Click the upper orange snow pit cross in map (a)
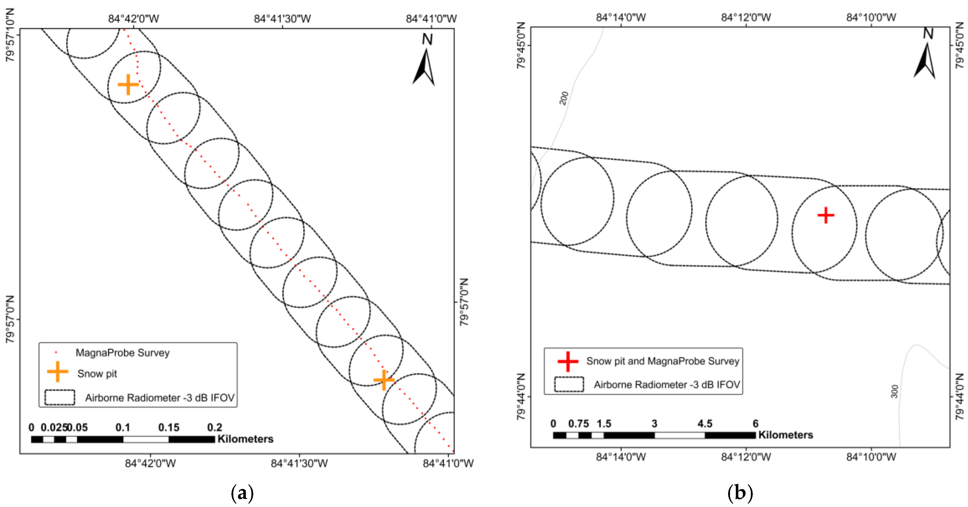(x=128, y=84)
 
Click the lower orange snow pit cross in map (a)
(x=384, y=380)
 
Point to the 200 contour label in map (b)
(x=564, y=98)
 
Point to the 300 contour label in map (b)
(x=894, y=391)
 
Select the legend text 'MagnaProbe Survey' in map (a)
(x=123, y=353)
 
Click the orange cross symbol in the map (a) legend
(x=57, y=372)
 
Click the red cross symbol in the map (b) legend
(x=568, y=361)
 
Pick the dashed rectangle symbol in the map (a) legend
(x=60, y=397)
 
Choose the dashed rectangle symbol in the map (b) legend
(x=569, y=384)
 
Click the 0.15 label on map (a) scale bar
(x=169, y=427)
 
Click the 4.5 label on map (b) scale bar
(x=705, y=424)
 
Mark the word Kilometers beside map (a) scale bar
(x=245, y=439)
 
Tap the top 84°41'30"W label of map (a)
(x=282, y=18)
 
